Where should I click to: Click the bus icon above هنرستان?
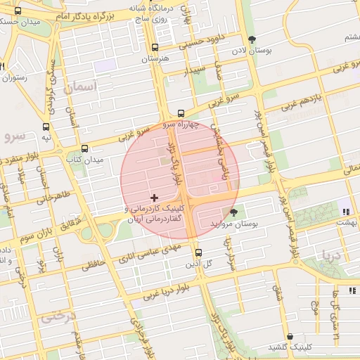coord(155,48)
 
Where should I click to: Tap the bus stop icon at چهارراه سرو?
coord(181,112)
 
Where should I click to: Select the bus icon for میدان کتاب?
coord(85,148)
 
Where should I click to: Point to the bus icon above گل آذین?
coord(198,252)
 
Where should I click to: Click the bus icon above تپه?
coord(46,127)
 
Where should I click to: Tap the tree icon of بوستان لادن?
coord(252,39)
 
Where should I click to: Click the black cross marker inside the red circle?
coord(155,198)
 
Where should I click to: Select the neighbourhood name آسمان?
coord(82,87)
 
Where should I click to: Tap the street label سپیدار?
coord(195,71)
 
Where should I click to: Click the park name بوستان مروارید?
coord(234,223)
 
